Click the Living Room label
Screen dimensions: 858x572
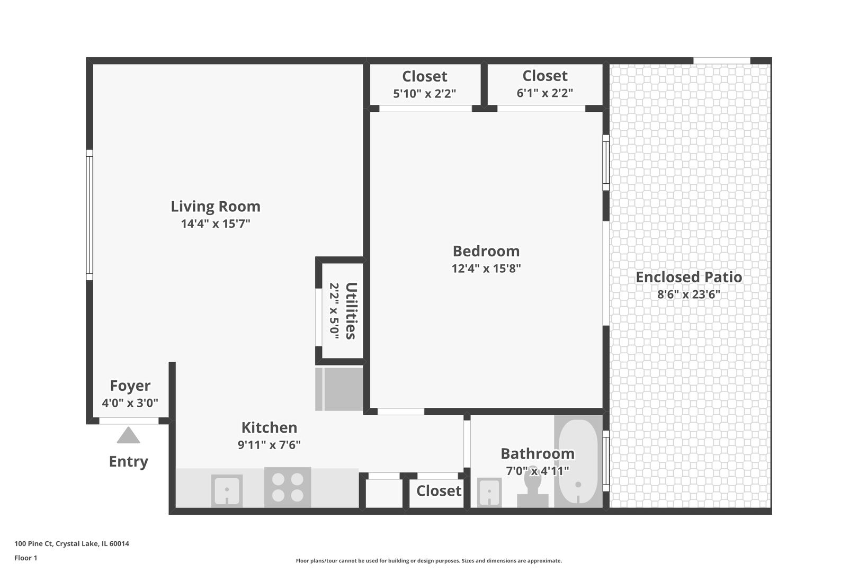click(x=216, y=207)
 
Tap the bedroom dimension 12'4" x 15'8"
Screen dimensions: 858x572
click(x=486, y=268)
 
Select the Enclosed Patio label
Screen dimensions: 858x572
click(x=689, y=277)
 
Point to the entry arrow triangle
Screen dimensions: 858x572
click(x=128, y=435)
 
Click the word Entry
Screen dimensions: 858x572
click(x=128, y=462)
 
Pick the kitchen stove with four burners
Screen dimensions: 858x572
click(x=288, y=487)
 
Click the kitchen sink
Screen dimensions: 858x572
click(x=227, y=491)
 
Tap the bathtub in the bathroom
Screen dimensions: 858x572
click(x=578, y=461)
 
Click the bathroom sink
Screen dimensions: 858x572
click(x=489, y=493)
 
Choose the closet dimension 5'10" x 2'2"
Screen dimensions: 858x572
click(x=424, y=94)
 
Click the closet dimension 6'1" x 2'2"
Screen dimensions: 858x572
click(x=544, y=93)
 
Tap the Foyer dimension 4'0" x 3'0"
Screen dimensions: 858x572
click(x=130, y=403)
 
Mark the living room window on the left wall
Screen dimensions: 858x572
click(x=90, y=215)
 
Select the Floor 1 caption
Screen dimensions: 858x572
click(x=25, y=558)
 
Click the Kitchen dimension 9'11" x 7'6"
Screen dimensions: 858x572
click(x=269, y=445)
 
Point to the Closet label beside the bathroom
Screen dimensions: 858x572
click(x=439, y=491)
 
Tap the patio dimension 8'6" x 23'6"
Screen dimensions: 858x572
click(x=689, y=294)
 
